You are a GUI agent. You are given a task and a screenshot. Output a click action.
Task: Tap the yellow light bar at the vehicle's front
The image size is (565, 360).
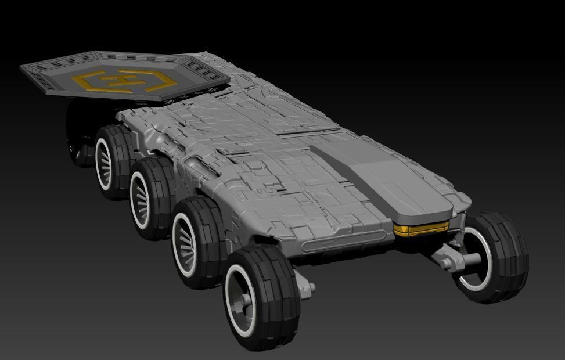tap(422, 229)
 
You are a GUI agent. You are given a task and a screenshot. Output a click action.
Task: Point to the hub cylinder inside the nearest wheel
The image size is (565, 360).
tap(246, 300)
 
